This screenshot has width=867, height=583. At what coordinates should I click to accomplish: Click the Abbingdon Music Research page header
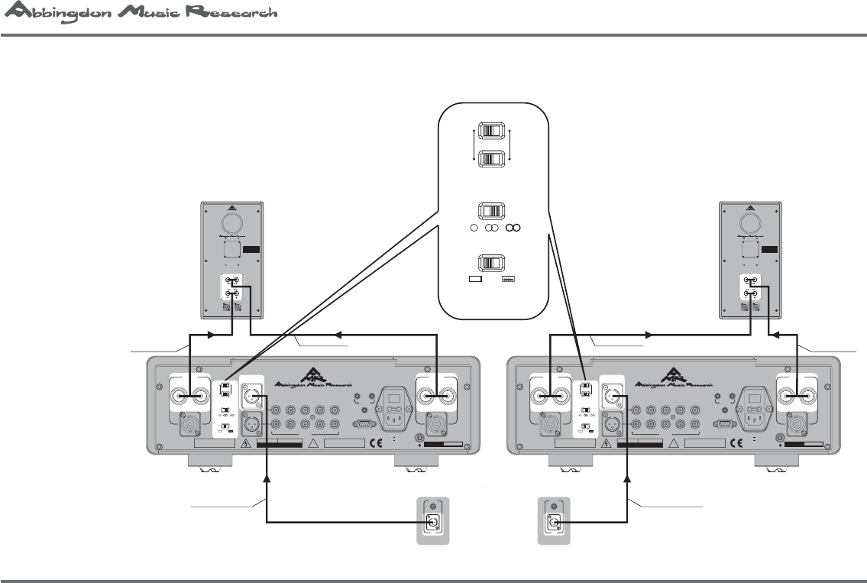click(140, 15)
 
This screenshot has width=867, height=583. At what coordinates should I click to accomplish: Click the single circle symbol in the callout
click(474, 228)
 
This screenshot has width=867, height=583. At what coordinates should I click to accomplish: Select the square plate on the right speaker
click(751, 249)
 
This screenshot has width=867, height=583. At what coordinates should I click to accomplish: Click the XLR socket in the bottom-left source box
click(432, 523)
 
